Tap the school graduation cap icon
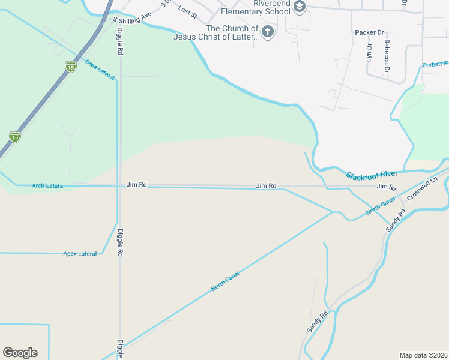299,7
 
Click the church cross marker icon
267,32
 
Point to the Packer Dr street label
369,32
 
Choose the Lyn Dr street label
369,53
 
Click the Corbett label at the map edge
436,64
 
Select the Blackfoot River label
372,175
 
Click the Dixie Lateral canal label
100,70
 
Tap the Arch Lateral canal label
48,186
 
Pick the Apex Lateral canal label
80,254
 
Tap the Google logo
20,353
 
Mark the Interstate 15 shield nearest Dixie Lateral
71,67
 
